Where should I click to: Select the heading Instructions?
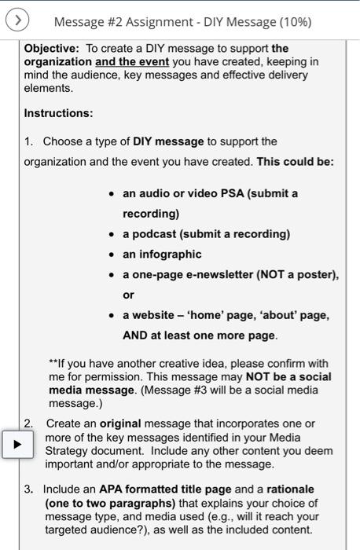pos(58,113)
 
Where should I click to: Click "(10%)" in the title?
pos(295,21)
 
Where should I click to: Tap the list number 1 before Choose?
pos(28,141)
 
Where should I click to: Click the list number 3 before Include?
pos(28,489)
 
